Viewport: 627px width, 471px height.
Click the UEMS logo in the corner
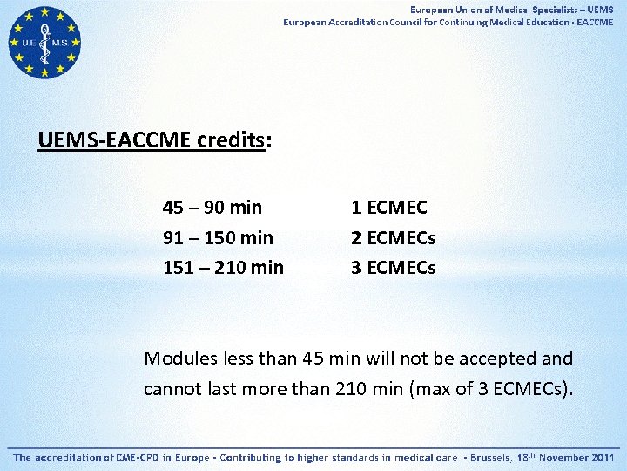tap(44, 43)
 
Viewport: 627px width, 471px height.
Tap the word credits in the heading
tap(231, 140)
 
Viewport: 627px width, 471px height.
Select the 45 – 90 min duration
tap(212, 208)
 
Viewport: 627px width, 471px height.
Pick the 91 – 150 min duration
tap(218, 237)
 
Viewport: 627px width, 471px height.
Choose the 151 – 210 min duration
tap(223, 267)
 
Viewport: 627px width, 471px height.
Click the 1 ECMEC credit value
tap(388, 208)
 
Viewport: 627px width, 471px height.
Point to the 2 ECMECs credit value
tap(393, 237)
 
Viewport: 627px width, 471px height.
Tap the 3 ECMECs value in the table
tap(393, 267)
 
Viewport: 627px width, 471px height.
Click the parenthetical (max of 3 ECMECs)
tap(491, 388)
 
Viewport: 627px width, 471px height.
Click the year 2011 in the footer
tap(600, 457)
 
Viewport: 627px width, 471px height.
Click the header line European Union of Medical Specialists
tap(512, 9)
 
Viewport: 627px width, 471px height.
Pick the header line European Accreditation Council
tap(448, 22)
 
